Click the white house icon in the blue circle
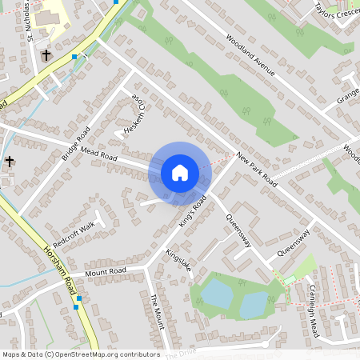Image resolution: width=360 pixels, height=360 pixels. coord(180,172)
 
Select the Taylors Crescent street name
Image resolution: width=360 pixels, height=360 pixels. coord(335,10)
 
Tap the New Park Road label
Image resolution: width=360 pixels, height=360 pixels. coord(257,170)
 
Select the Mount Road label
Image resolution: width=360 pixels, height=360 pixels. coord(106,273)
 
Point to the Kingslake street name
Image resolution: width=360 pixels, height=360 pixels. coord(178,261)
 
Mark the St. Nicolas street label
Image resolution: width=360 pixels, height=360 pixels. coord(30,20)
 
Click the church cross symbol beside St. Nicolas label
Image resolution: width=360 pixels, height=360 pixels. coord(46,55)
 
